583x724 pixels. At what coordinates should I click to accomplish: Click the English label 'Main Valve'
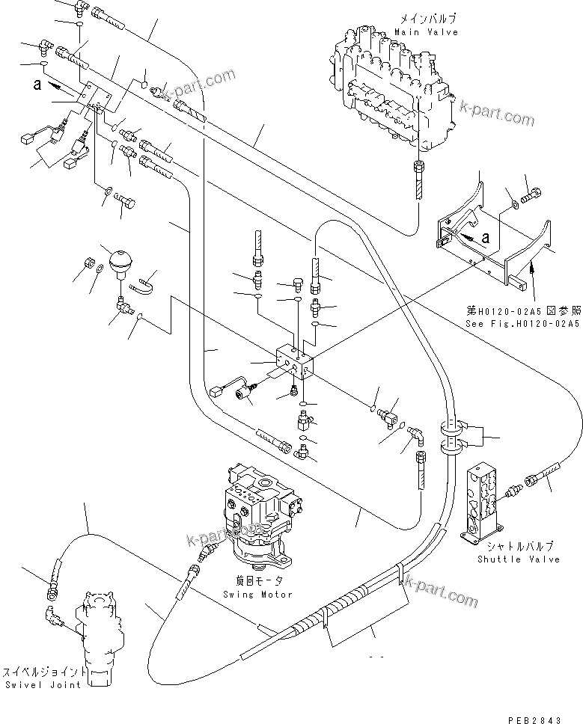426,32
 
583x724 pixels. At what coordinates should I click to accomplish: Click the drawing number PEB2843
534,719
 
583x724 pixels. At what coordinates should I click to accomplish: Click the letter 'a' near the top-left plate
38,85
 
